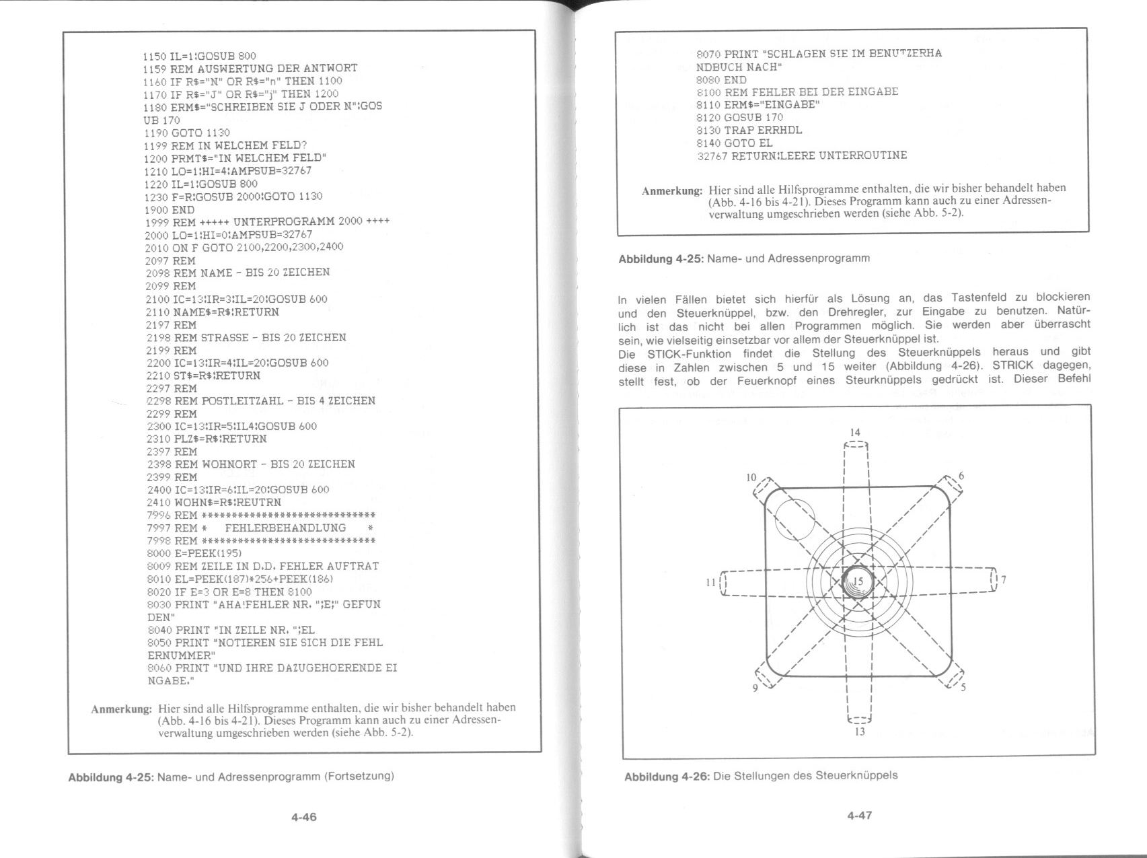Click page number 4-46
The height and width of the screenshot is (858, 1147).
tap(303, 817)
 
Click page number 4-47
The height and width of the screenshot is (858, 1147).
tap(859, 815)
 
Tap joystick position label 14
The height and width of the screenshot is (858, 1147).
tap(855, 432)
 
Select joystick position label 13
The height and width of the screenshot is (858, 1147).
tap(859, 731)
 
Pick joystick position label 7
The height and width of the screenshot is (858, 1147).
tap(1004, 579)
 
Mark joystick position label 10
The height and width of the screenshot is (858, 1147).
tap(751, 478)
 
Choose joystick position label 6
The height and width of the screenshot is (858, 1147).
tap(961, 476)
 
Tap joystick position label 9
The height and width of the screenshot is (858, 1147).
tap(755, 688)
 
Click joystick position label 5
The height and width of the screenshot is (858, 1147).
tap(963, 687)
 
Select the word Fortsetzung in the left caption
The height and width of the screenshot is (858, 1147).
tap(358, 776)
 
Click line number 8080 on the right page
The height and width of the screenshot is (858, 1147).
tap(708, 79)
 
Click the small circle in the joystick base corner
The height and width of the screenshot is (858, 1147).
tap(794, 519)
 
